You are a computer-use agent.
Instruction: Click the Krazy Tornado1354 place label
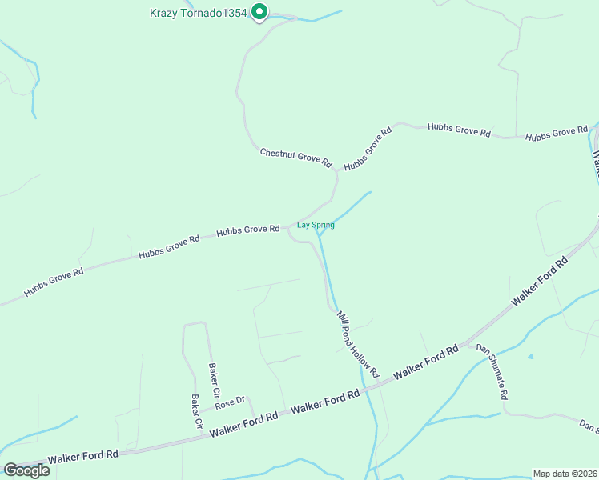[x=199, y=13]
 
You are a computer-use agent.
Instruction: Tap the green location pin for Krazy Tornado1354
[x=259, y=12]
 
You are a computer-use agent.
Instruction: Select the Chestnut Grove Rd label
[x=295, y=156]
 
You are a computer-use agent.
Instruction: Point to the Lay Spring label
[x=316, y=225]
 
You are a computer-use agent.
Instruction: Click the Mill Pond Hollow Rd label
[x=358, y=344]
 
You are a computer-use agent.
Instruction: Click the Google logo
[x=26, y=470]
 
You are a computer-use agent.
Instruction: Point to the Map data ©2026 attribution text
[x=565, y=473]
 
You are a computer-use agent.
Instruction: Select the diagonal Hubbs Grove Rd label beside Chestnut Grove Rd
[x=368, y=148]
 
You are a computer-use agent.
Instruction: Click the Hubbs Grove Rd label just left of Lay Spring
[x=247, y=230]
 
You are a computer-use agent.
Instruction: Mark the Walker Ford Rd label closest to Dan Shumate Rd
[x=426, y=361]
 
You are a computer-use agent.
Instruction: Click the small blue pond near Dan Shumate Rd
[x=529, y=356]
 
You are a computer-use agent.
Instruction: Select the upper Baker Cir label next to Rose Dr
[x=214, y=382]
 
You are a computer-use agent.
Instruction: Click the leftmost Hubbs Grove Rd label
[x=54, y=282]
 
